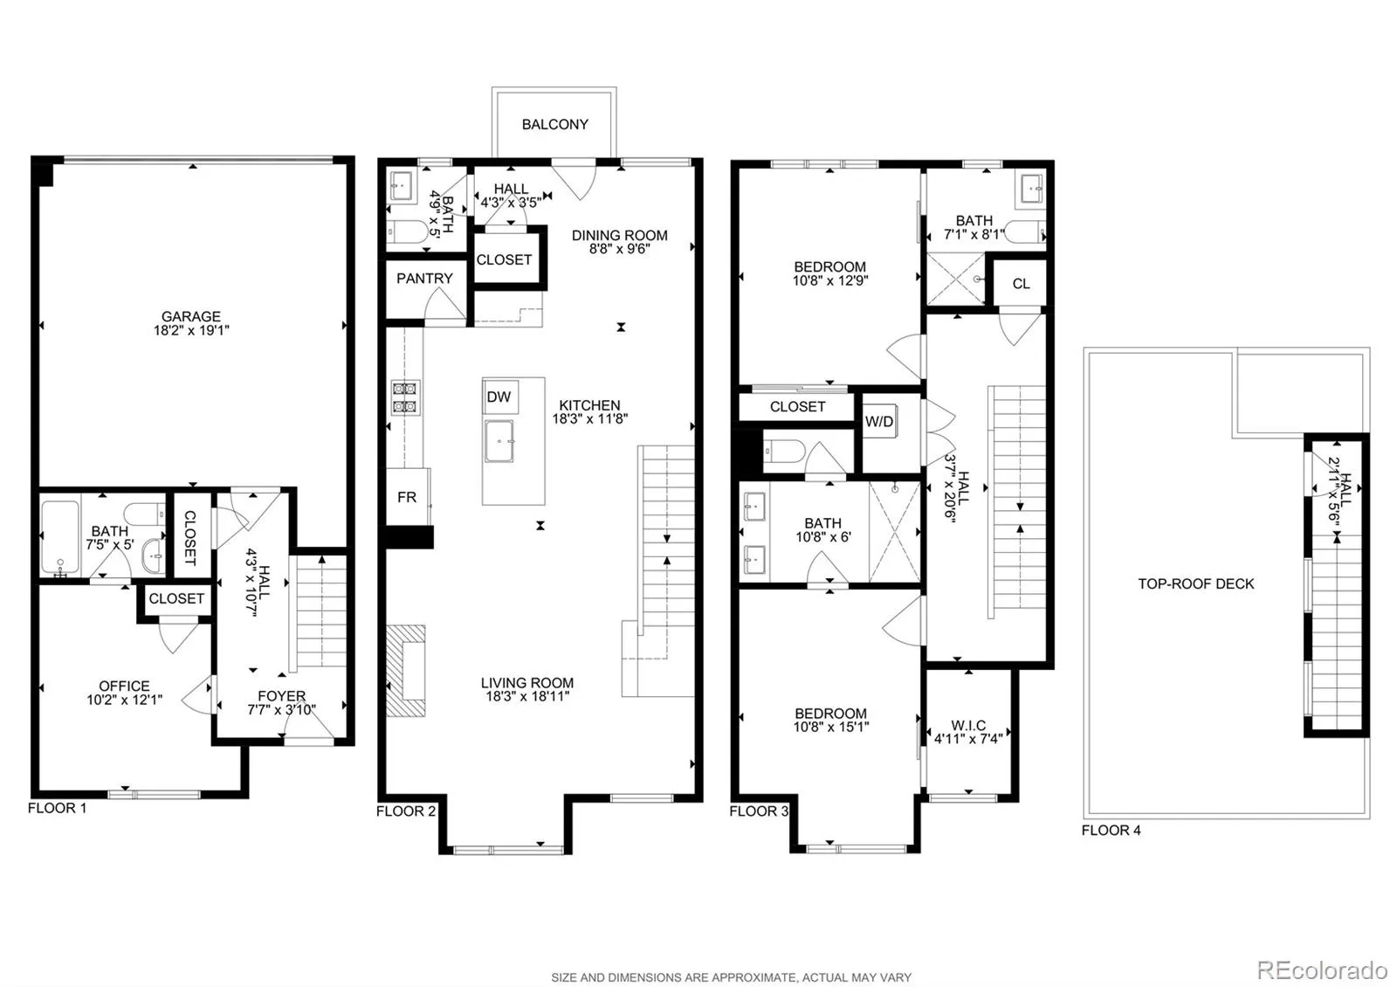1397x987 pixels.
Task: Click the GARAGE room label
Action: [191, 316]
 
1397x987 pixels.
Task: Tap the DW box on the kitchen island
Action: [500, 397]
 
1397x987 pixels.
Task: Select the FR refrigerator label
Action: [407, 497]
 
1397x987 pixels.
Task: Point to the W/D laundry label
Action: [879, 422]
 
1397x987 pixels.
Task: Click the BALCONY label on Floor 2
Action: [555, 124]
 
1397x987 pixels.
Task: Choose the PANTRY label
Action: [424, 279]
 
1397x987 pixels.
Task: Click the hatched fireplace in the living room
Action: [406, 671]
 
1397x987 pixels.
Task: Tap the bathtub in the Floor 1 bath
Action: [60, 538]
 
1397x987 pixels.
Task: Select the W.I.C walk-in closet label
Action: [968, 726]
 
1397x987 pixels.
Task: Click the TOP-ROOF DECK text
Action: [1196, 584]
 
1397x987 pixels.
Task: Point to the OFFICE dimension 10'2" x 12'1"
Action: [125, 700]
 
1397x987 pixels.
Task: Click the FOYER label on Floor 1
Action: [282, 695]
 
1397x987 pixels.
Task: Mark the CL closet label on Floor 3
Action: [1021, 284]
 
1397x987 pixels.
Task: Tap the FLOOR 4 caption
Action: [1111, 831]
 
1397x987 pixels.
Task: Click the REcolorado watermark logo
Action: [1322, 970]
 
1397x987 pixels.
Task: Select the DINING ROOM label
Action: [619, 235]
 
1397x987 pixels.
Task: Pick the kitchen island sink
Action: [499, 441]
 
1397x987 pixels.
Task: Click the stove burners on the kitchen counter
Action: [404, 397]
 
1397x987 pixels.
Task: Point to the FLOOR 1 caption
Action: [58, 808]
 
